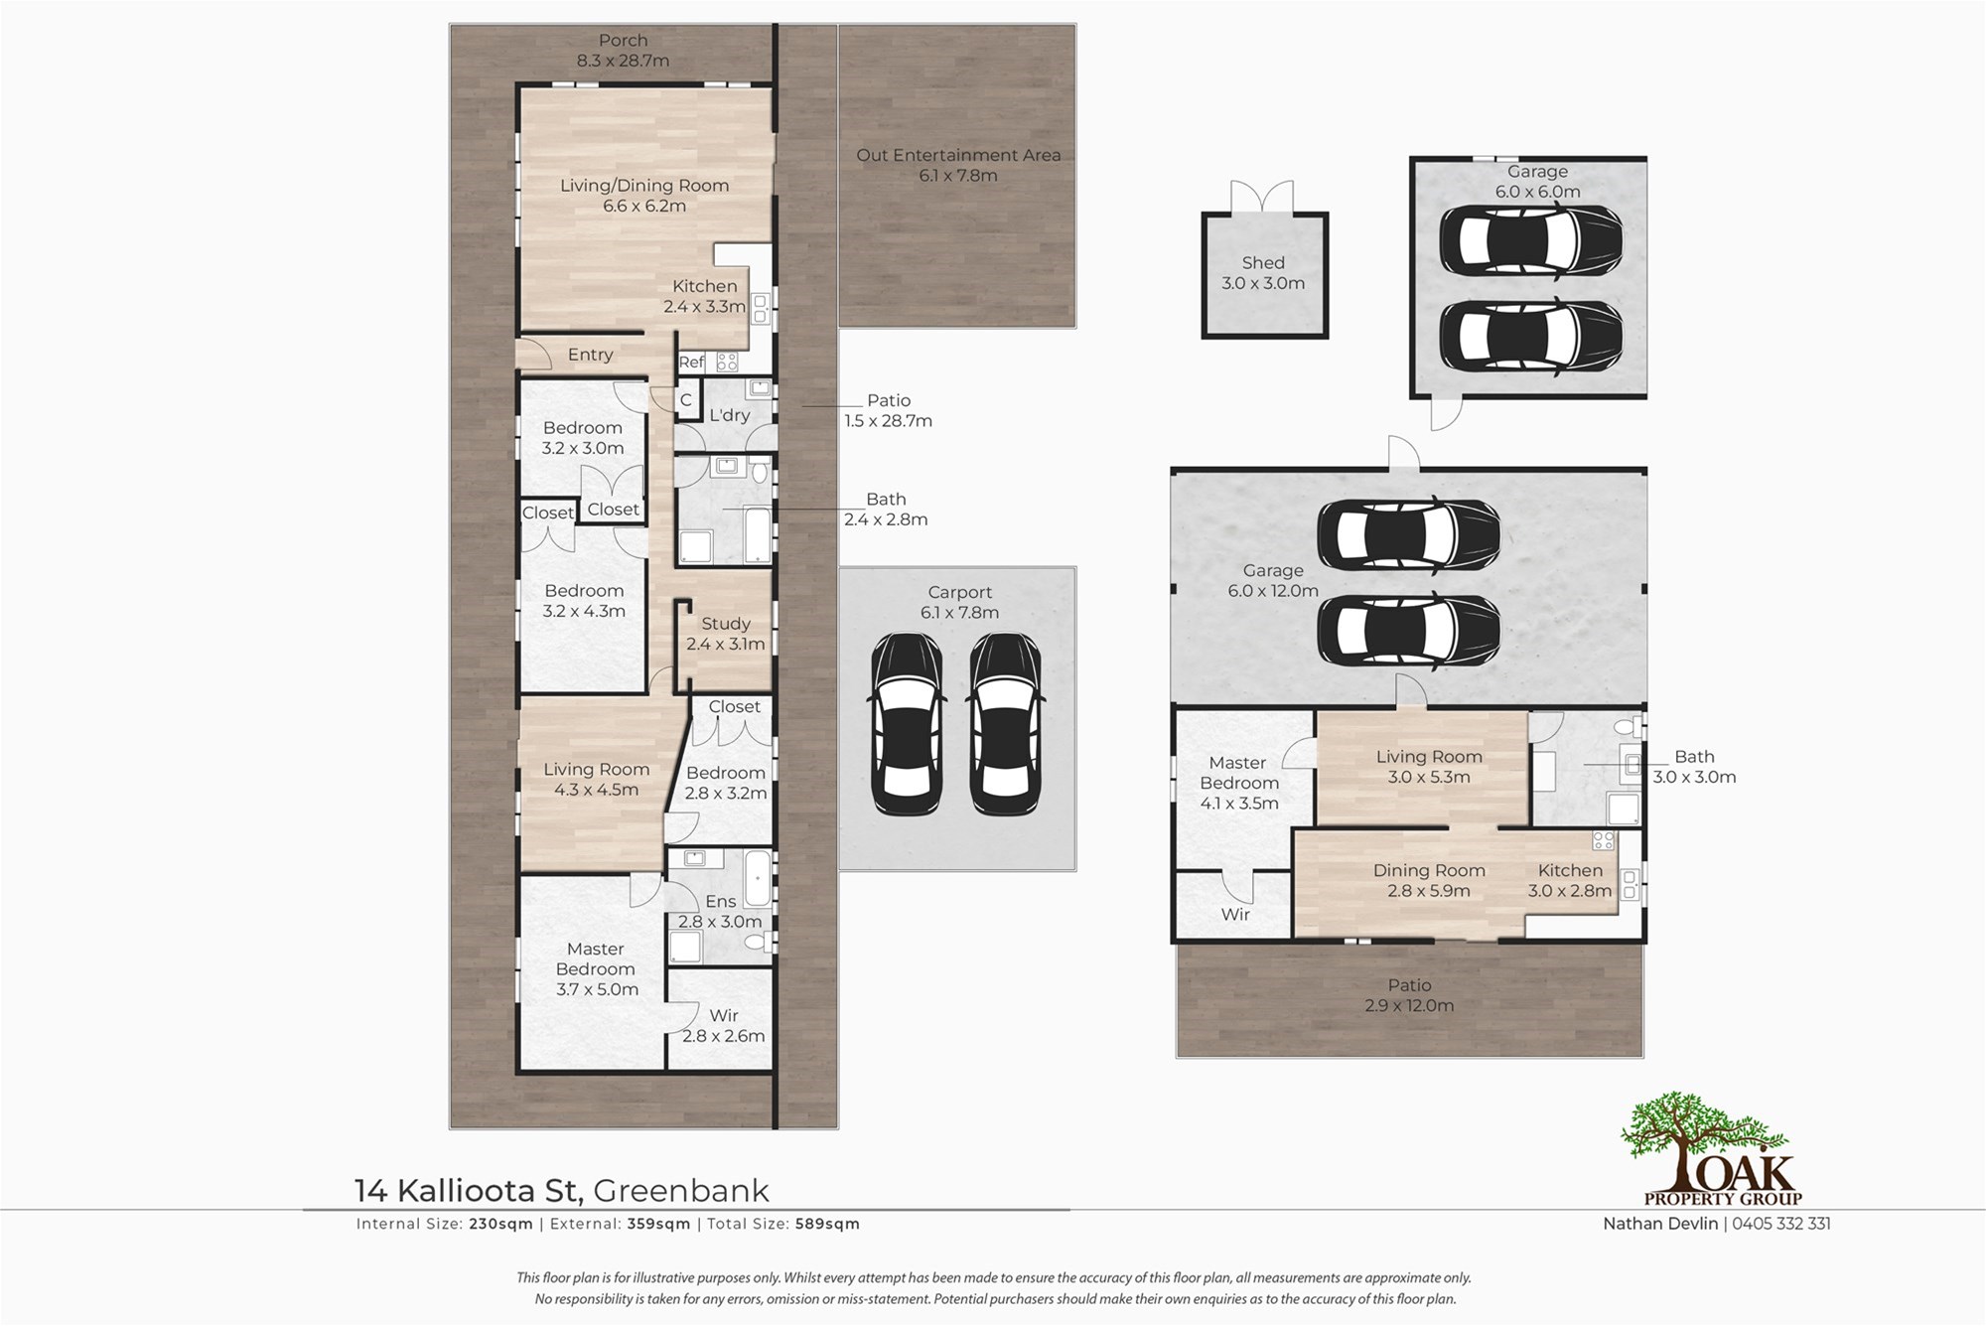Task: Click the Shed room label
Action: [1263, 262]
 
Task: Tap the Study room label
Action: [726, 624]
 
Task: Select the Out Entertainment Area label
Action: [958, 155]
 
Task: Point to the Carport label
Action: [959, 592]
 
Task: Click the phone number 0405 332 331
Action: [1781, 1224]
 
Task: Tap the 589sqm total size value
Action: [827, 1224]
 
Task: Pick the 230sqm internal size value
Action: [500, 1224]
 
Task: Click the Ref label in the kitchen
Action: [691, 363]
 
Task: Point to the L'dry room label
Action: [729, 415]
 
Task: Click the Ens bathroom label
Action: [721, 901]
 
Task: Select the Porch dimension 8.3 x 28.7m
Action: [624, 61]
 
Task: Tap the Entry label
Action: [590, 355]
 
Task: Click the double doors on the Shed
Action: [1262, 197]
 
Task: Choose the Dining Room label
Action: [1429, 870]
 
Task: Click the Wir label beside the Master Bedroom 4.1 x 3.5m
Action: [1235, 914]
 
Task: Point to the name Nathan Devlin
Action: [1660, 1224]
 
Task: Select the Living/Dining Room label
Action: [644, 186]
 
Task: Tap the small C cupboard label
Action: [685, 400]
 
